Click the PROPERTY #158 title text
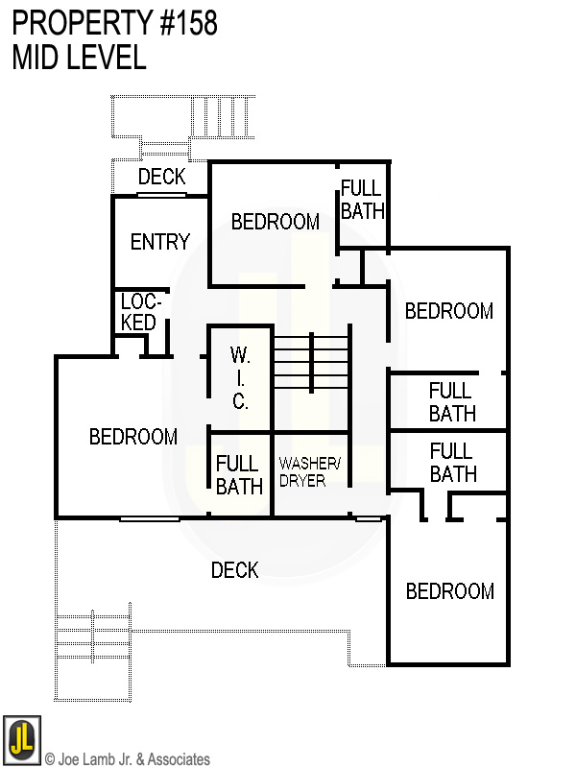point(115,24)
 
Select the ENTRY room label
point(160,241)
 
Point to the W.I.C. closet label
point(240,379)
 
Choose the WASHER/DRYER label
point(309,471)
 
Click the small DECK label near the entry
point(161,177)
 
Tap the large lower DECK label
point(234,570)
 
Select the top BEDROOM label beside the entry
point(276,222)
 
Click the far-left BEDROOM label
point(133,437)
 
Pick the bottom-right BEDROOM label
point(449,591)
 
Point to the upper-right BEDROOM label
point(449,311)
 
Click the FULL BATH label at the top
point(362,200)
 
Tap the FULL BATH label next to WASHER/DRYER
point(239,475)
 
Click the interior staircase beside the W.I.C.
point(310,362)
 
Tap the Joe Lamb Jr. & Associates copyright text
point(127,759)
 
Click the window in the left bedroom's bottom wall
point(149,518)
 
